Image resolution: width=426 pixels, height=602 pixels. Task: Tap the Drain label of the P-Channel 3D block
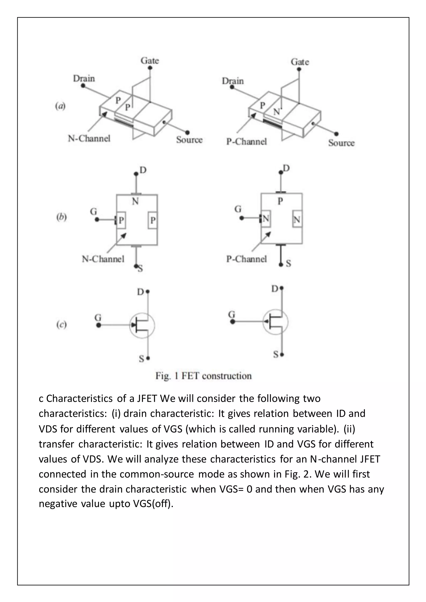click(233, 81)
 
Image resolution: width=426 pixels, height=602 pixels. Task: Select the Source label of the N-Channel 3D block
click(189, 140)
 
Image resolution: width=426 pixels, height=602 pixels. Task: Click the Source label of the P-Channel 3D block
click(341, 143)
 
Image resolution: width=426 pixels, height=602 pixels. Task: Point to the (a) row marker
click(60, 106)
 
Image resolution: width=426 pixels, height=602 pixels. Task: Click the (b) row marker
click(62, 218)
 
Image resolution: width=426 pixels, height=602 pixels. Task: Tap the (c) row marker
click(62, 325)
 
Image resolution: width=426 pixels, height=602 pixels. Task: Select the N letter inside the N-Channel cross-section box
click(135, 201)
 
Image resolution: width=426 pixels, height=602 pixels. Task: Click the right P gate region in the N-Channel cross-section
click(153, 220)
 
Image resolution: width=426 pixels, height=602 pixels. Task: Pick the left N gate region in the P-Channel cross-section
click(266, 219)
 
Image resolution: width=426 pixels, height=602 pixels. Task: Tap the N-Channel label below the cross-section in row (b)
click(103, 259)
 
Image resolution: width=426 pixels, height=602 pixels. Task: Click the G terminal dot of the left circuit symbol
click(99, 325)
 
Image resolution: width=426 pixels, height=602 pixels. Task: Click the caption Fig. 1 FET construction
click(204, 376)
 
